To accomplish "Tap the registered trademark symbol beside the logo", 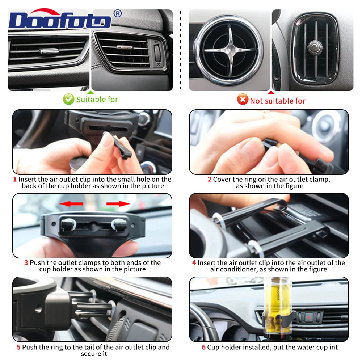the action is click(118, 13).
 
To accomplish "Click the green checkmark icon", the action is click(68, 99).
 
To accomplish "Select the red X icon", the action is click(243, 99).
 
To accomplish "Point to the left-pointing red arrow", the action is click(71, 203).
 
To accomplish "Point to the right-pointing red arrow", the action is click(118, 203).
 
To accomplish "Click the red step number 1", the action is click(15, 180).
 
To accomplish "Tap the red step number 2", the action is click(209, 180).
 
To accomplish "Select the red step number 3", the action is click(26, 263).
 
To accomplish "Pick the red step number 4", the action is click(194, 263).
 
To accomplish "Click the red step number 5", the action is click(19, 347).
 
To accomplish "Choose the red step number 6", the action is click(203, 347).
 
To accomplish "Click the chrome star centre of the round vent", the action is click(230, 50).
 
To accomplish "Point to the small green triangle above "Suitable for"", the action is click(90, 92).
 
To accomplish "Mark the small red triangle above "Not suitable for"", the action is click(271, 92).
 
